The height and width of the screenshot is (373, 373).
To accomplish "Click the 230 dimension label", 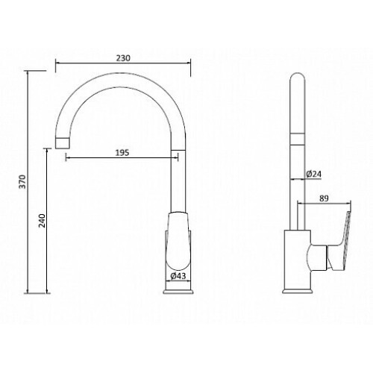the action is click(123, 58).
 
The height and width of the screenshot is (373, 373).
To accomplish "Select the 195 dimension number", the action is click(122, 152).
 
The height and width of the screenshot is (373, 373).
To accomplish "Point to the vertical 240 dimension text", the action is click(42, 221).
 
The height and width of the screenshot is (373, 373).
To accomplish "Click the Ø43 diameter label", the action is click(178, 276).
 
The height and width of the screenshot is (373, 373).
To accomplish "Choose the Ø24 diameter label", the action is click(313, 174).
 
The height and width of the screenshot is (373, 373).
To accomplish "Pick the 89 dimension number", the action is click(324, 198).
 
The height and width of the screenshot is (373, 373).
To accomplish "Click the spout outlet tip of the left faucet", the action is click(62, 143).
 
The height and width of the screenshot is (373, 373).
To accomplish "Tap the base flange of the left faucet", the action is click(178, 291).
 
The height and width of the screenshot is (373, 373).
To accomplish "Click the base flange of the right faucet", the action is click(298, 291).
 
